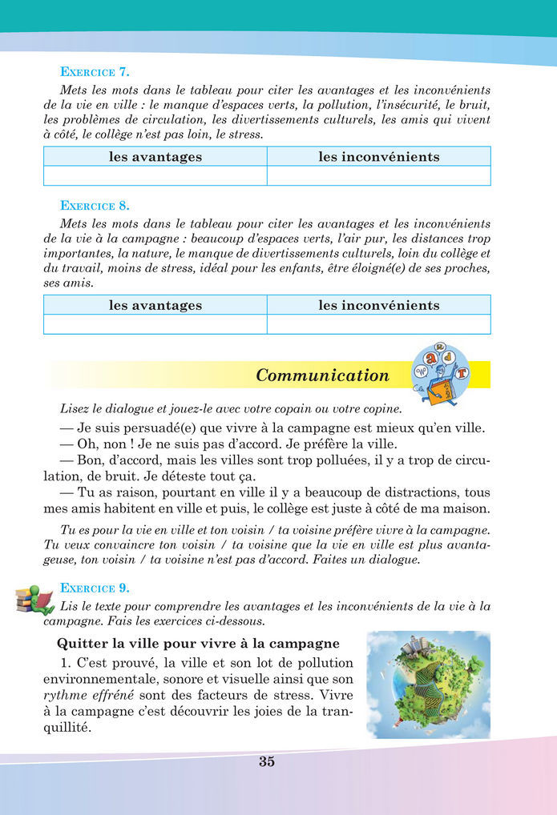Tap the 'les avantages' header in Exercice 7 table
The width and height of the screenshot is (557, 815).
(155, 157)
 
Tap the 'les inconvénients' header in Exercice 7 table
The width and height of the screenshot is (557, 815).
(379, 157)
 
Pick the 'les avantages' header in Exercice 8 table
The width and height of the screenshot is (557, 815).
(155, 305)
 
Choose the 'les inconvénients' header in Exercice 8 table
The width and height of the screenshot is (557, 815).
(379, 305)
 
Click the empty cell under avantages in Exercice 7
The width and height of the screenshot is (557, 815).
(155, 175)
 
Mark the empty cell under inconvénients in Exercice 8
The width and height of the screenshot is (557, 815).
(379, 323)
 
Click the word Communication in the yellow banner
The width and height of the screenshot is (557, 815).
(322, 375)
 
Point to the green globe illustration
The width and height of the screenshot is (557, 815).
(428, 685)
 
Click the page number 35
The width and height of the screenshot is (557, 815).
(267, 761)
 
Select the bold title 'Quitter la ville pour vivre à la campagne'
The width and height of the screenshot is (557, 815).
(198, 644)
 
